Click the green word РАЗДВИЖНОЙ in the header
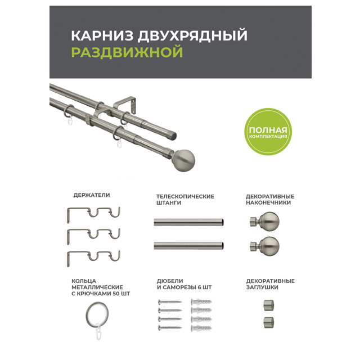(127, 52)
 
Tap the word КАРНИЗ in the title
(102, 35)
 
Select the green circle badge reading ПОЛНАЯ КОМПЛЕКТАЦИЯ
(268, 132)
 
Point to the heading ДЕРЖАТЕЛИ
(92, 195)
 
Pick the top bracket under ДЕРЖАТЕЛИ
(93, 214)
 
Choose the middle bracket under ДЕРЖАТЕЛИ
(93, 236)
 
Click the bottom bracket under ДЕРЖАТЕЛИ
(93, 258)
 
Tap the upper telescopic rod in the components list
(189, 222)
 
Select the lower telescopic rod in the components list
(189, 246)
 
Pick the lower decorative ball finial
(265, 246)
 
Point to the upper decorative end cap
(269, 305)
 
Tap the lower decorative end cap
(269, 322)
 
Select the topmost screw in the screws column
(170, 301)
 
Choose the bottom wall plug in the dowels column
(201, 328)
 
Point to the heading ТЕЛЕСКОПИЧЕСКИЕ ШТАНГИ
(185, 200)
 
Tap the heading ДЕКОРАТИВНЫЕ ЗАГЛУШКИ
(270, 284)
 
